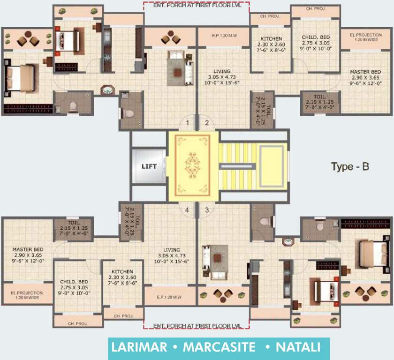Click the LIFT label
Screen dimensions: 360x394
pos(149,166)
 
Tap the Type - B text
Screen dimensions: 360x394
pos(350,166)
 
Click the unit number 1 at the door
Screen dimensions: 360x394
pos(187,123)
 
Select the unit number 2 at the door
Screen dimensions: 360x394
pos(206,123)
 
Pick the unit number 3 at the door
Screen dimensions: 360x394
pos(206,210)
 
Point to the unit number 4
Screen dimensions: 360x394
pos(187,210)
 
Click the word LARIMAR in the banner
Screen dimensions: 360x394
pos(138,348)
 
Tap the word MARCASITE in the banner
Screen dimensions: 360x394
pos(219,348)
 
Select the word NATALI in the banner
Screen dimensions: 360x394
pos(298,348)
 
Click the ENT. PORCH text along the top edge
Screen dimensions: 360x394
pos(197,5)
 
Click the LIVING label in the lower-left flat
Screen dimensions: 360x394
pos(172,250)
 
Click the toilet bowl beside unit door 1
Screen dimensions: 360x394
pos(128,113)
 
